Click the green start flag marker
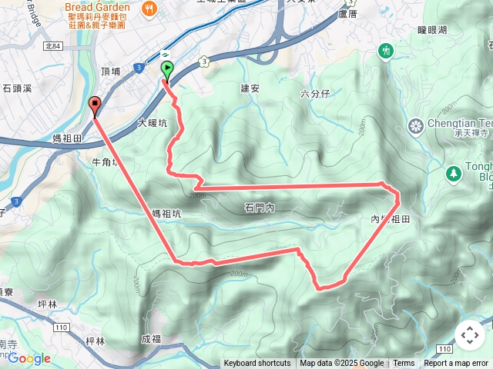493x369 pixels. click(166, 71)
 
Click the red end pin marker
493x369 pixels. click(95, 105)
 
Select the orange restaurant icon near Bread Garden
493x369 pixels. click(149, 9)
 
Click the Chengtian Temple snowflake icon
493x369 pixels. click(416, 125)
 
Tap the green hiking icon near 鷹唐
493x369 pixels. click(386, 51)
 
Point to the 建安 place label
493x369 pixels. click(250, 88)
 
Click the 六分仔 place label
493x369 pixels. click(315, 94)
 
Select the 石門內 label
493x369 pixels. click(260, 208)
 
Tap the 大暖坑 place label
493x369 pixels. click(152, 123)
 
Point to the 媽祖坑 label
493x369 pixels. click(166, 214)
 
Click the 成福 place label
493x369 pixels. click(152, 338)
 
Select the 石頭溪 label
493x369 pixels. click(16, 88)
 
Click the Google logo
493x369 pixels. click(29, 358)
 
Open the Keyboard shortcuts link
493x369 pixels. click(257, 364)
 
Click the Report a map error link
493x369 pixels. click(455, 364)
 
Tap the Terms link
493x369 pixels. click(404, 364)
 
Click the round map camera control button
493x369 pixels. click(470, 335)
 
